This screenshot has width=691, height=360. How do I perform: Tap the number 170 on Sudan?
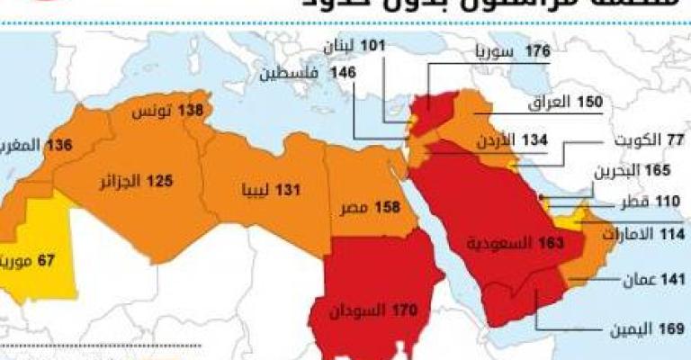(407, 311)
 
